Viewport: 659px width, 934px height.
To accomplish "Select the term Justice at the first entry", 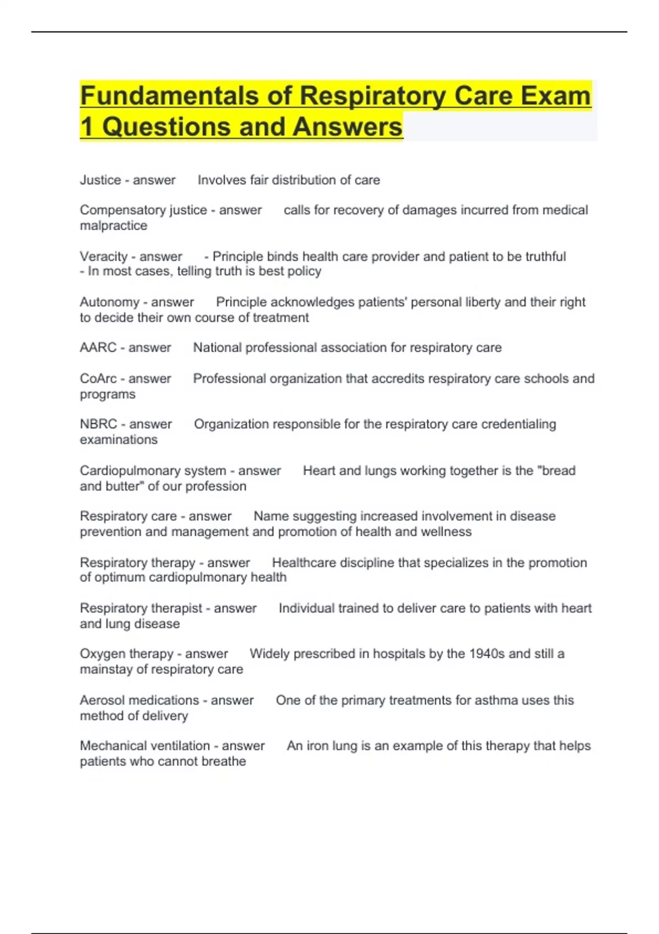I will (x=100, y=180).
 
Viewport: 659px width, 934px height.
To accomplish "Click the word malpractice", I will (x=114, y=226).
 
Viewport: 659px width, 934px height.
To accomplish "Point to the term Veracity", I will (x=103, y=257).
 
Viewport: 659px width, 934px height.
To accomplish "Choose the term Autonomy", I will (x=109, y=302).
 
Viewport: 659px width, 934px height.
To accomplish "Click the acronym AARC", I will (x=98, y=348).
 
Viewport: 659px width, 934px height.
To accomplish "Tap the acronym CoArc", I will (x=98, y=379).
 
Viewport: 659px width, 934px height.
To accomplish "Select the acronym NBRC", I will (x=98, y=424).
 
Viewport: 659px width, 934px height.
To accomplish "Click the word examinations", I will (x=119, y=440).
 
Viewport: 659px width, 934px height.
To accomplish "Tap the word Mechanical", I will (x=114, y=746).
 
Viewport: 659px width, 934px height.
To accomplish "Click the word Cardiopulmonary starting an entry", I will (x=125, y=471).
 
